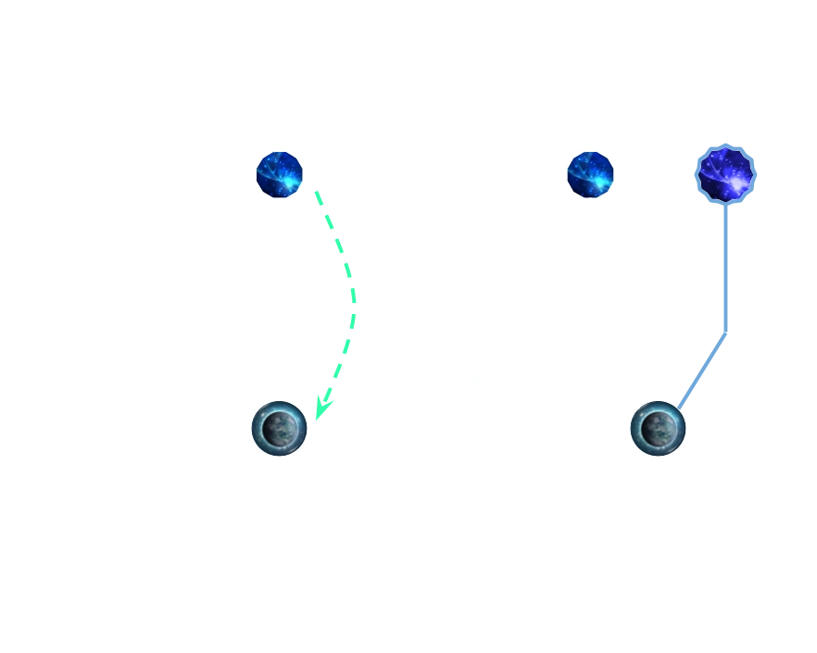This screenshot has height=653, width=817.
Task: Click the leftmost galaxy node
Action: point(280,173)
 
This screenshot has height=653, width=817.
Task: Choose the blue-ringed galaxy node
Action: point(727,173)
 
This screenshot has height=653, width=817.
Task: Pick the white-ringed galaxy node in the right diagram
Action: point(590,173)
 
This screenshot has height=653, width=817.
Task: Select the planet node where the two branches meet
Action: point(659,428)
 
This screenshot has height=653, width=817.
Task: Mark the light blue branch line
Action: point(726,278)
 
